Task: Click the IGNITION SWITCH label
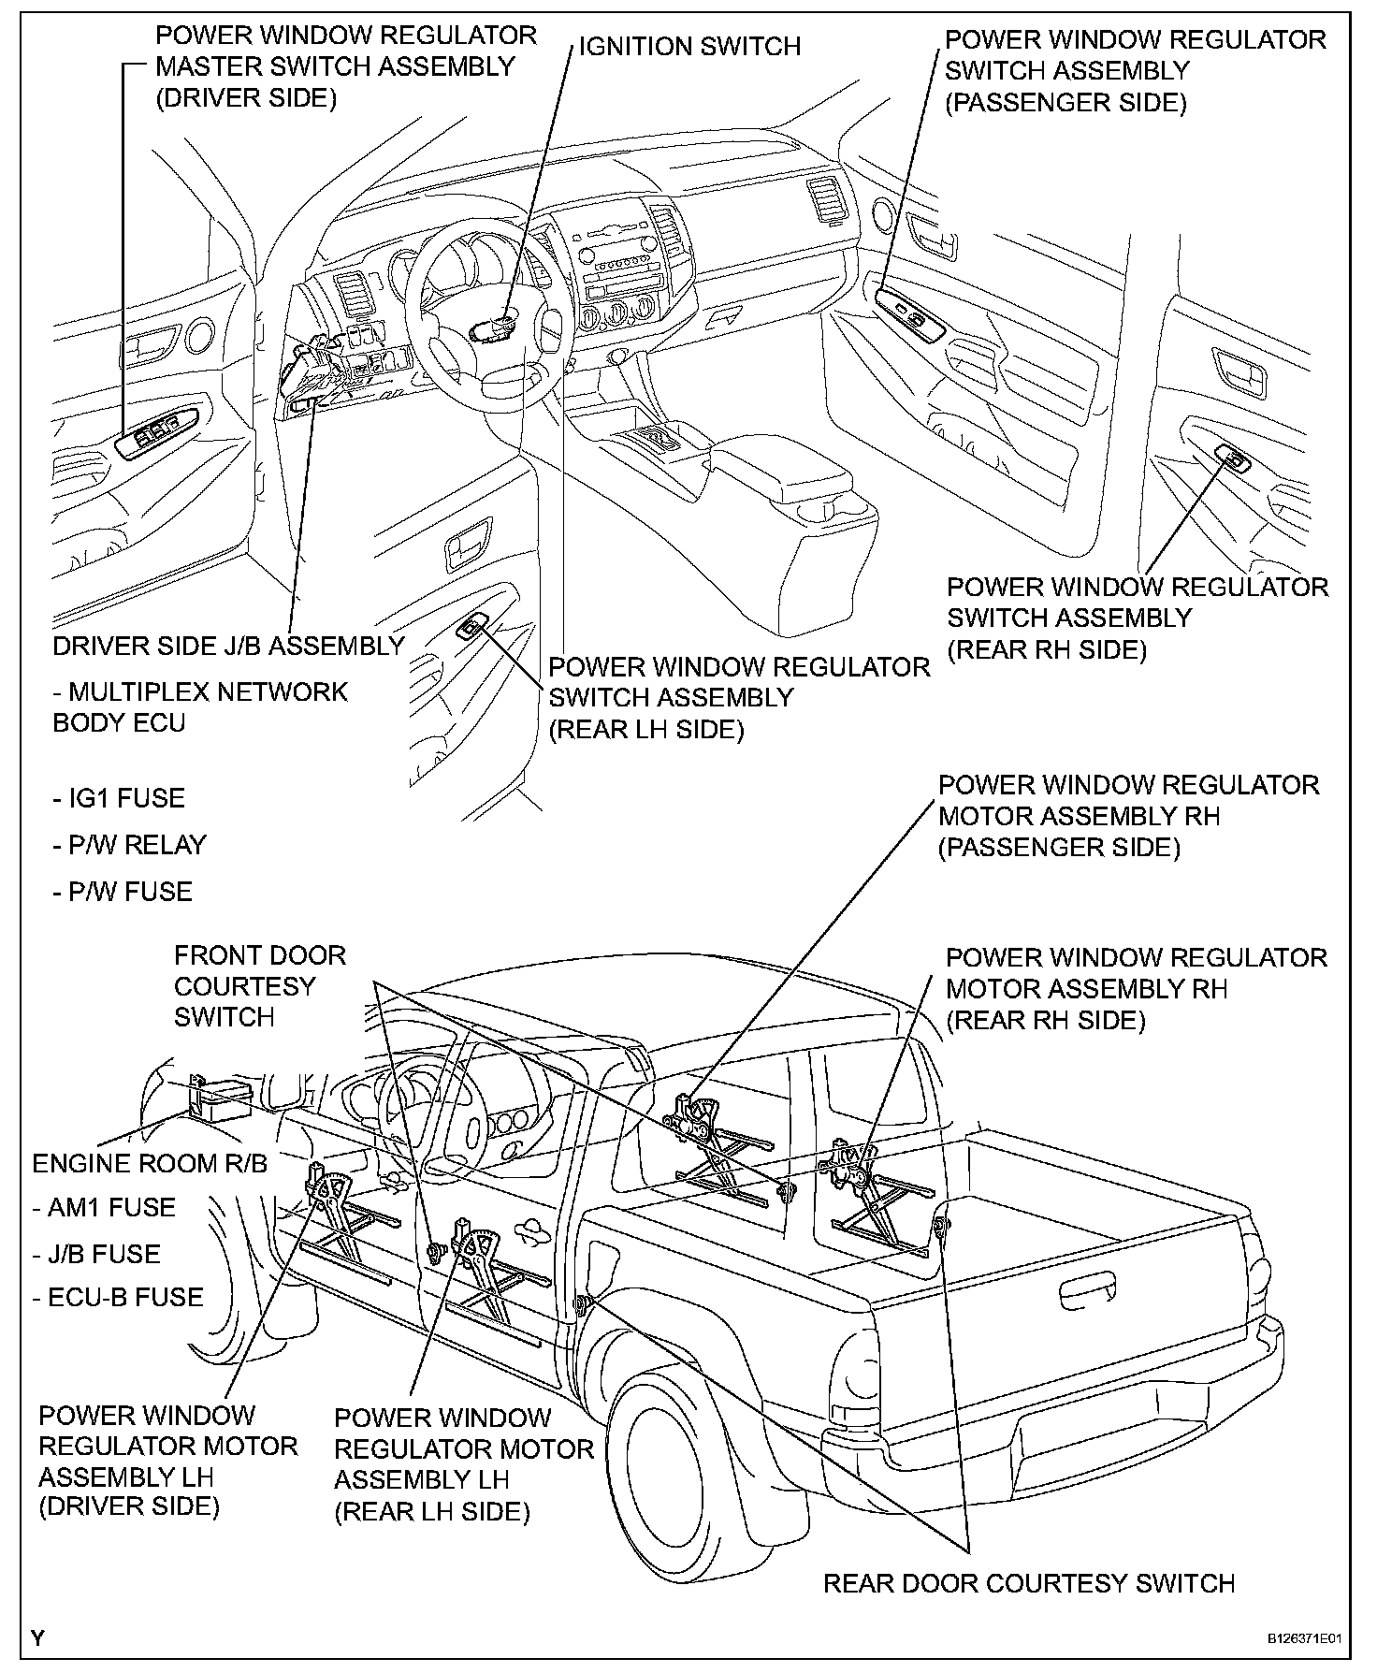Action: [x=689, y=47]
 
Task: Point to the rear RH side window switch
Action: [x=1234, y=457]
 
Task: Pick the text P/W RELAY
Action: [x=129, y=845]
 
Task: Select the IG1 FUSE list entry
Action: [x=119, y=798]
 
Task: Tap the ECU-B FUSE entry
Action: [x=118, y=1297]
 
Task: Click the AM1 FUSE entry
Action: [x=104, y=1207]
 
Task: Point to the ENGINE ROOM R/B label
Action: [x=150, y=1163]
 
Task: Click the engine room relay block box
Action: [x=222, y=1099]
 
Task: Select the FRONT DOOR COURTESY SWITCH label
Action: [x=259, y=985]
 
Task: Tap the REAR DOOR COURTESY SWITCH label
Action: [x=1029, y=1583]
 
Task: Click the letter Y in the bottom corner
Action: [x=37, y=1637]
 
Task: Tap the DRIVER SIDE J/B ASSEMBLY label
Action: [x=228, y=646]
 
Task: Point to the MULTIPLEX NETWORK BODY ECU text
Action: [x=199, y=706]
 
